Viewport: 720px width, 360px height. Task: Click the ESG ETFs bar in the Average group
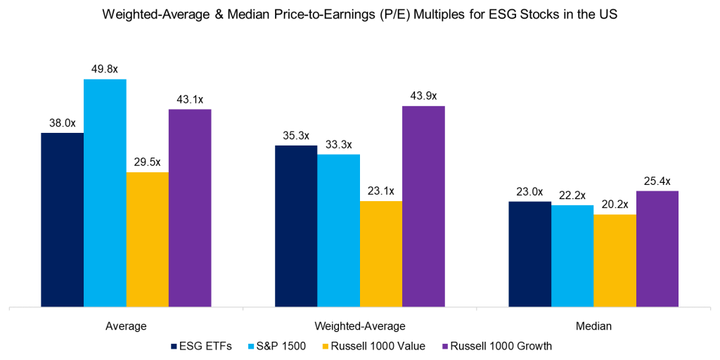pos(63,219)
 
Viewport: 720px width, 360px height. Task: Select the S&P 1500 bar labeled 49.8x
pos(105,193)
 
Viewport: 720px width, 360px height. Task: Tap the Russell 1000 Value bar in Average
pos(148,239)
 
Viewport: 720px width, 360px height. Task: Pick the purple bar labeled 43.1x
pos(190,208)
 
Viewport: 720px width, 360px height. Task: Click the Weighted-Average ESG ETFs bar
pos(296,226)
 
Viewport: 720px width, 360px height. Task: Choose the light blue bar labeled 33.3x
pos(338,231)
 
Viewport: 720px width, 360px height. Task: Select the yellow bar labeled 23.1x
pos(381,254)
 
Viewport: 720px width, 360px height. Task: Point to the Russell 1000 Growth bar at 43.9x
pos(423,206)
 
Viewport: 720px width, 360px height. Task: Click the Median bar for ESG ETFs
pos(529,254)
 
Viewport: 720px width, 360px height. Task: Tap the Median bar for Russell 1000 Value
pos(615,260)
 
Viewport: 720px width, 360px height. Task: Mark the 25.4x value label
pos(657,181)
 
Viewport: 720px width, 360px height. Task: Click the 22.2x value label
pos(572,195)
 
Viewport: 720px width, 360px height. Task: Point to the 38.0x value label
pos(63,122)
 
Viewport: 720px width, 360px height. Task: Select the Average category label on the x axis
pos(127,326)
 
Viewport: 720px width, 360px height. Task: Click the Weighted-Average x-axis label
pos(360,326)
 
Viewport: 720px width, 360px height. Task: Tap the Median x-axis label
pos(593,326)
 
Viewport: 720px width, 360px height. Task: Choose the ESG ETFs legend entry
pos(200,346)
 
